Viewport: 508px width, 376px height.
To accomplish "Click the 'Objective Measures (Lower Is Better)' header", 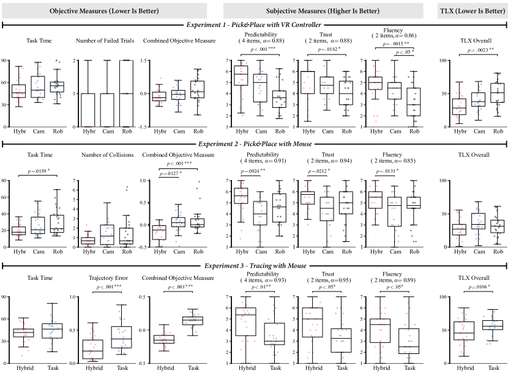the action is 104,11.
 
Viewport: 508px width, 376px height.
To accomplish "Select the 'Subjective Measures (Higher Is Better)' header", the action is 323,11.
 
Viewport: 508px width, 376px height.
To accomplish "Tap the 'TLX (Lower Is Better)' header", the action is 473,11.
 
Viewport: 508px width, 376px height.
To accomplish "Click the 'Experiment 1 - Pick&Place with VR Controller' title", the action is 253,25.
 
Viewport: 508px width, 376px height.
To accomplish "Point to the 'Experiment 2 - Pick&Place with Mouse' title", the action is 255,144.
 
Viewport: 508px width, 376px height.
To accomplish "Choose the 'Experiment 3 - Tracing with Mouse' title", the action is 255,266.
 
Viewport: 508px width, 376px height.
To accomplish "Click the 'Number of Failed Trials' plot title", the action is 105,41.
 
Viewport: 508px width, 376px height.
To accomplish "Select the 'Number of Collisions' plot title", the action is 107,155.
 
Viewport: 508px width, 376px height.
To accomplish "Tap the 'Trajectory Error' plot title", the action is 108,278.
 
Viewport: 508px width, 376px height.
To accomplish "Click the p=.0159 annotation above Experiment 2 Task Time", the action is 39,171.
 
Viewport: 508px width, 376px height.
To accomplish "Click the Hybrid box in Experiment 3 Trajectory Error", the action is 93,350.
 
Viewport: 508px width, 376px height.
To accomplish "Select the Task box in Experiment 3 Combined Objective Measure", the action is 193,321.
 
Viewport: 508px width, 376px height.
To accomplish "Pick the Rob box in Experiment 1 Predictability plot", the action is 279,99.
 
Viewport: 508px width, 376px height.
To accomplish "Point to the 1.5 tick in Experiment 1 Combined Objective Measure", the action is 143,61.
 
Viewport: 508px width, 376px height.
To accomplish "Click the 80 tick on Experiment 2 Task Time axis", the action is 4,181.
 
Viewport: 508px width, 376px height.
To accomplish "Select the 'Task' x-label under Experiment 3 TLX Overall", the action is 493,368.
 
